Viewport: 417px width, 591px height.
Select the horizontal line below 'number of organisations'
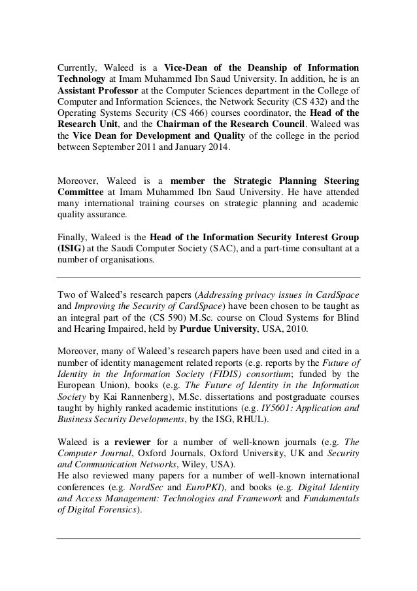point(208,278)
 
